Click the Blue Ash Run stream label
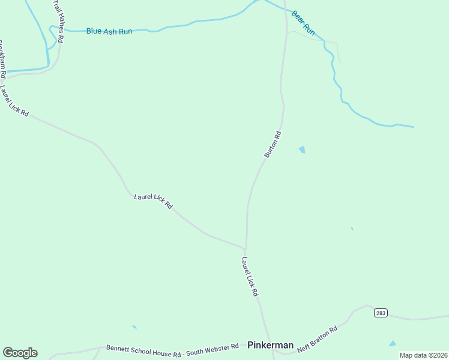click(109, 31)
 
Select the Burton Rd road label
click(273, 145)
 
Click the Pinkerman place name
click(271, 345)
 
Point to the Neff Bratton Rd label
click(318, 336)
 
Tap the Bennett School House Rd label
click(144, 347)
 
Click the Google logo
click(20, 353)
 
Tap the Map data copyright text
click(423, 355)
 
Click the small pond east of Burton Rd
click(302, 149)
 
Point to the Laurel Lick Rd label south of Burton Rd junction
click(250, 277)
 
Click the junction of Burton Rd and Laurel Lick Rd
click(245, 248)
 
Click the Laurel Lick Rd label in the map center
click(153, 200)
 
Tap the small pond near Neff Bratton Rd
click(393, 344)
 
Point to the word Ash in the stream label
click(111, 31)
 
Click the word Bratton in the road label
click(322, 334)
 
